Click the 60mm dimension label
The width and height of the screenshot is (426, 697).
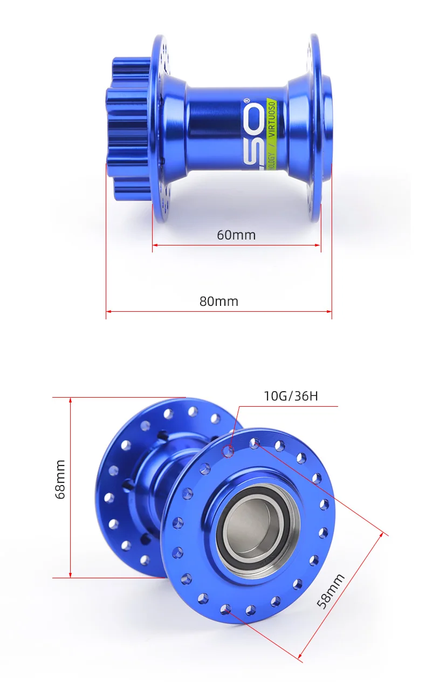236,235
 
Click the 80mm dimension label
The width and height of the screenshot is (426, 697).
219,301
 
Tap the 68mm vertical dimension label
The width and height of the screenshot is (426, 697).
60,479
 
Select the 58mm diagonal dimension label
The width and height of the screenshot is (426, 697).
331,591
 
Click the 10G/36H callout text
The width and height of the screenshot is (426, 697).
291,397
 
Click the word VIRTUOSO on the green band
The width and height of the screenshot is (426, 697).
272,118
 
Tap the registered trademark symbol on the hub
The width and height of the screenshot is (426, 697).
260,100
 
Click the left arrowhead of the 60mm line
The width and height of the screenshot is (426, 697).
155,245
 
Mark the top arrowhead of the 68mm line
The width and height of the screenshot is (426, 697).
71,400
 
